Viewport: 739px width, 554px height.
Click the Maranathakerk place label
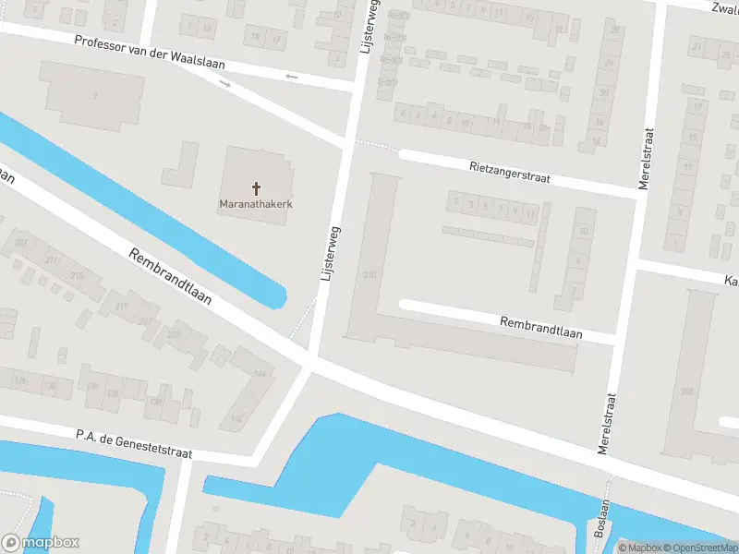coord(256,203)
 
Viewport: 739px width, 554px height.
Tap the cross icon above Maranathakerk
coord(256,188)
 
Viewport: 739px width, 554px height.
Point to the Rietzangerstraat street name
coord(509,172)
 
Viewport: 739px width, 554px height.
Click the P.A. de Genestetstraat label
coord(134,440)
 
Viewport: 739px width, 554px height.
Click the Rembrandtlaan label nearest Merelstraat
coord(540,327)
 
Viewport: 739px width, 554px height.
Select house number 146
coord(260,373)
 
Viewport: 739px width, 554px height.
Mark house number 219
coord(121,307)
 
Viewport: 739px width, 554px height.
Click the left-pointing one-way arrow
coord(293,76)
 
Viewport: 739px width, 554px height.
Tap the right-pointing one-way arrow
coord(225,83)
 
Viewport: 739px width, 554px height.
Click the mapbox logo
coord(41,542)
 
